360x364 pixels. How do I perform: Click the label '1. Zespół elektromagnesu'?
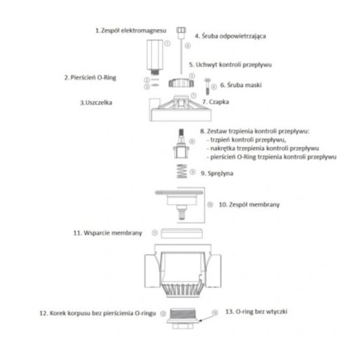click(x=131, y=31)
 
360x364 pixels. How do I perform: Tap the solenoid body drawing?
click(x=154, y=55)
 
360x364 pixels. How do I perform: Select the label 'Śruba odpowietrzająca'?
click(x=233, y=36)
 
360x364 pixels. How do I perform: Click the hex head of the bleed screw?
click(x=181, y=31)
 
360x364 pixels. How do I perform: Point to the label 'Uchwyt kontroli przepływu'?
click(x=233, y=65)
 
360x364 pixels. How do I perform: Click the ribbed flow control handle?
click(x=181, y=83)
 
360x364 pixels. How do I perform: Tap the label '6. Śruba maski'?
click(x=241, y=85)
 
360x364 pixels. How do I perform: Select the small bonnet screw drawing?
click(x=207, y=86)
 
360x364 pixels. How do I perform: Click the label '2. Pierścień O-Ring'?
click(x=90, y=77)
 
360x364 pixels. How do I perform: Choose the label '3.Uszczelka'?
click(x=96, y=102)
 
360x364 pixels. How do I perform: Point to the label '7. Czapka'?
click(x=216, y=102)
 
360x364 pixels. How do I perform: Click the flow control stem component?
click(x=181, y=144)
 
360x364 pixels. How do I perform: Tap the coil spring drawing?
click(x=182, y=171)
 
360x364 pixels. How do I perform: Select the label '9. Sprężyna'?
click(x=217, y=173)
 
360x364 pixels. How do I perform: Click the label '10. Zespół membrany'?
click(x=249, y=205)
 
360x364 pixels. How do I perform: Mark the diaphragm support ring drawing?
click(x=181, y=233)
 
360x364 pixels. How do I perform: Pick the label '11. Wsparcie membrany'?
click(x=107, y=233)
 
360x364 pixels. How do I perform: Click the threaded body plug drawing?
click(x=183, y=318)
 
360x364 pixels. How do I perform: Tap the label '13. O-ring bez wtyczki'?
click(x=256, y=311)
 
